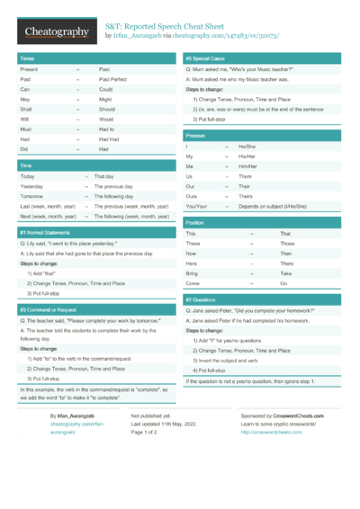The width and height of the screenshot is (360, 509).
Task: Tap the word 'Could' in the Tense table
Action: [x=106, y=89]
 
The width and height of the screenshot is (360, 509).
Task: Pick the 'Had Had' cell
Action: [x=109, y=138]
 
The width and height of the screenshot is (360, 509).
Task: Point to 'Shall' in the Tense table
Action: [x=26, y=109]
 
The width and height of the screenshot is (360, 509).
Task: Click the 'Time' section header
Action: [x=26, y=166]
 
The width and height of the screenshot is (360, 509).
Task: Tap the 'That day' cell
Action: [x=104, y=177]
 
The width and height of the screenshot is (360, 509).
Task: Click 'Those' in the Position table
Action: [x=287, y=243]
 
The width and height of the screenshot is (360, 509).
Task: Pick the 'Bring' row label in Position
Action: [x=193, y=272]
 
